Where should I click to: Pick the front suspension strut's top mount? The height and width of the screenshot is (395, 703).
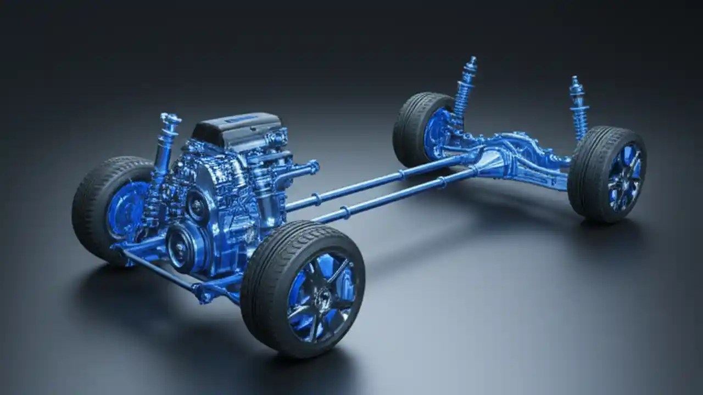170,119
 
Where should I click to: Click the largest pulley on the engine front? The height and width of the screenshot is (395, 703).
181,247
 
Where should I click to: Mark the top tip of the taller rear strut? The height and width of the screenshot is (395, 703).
471,59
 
